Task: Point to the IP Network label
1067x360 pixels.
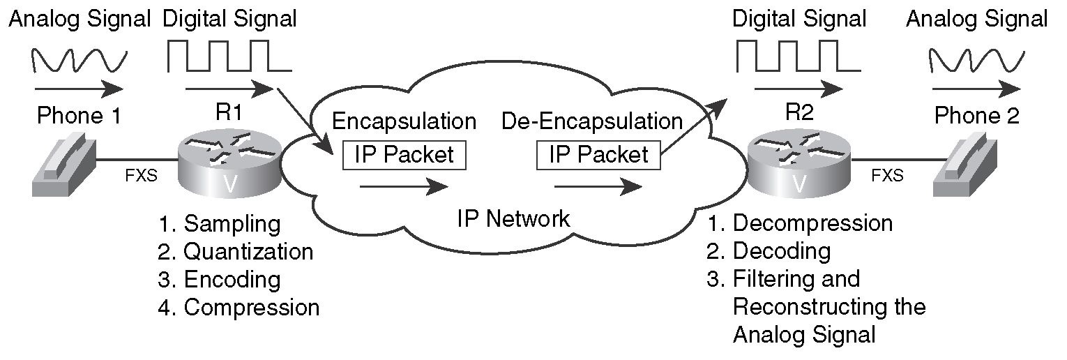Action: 513,219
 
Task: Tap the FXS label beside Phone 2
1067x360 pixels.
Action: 887,176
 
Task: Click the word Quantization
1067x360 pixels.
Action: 248,252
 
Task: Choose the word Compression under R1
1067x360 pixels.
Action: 251,307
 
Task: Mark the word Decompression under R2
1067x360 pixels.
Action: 813,223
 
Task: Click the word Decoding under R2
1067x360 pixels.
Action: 782,251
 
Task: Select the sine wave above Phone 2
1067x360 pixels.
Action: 975,61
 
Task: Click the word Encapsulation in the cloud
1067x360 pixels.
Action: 404,121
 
